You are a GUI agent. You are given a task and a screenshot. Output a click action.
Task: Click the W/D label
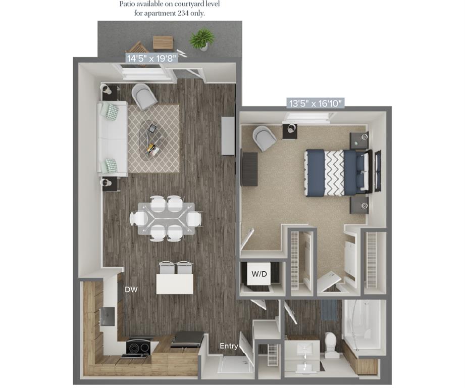tap(260, 274)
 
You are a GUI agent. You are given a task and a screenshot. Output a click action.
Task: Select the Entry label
tap(229, 346)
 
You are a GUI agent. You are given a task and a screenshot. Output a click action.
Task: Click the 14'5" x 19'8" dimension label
tap(151, 59)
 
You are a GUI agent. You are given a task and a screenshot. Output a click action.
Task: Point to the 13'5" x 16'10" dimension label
tap(316, 104)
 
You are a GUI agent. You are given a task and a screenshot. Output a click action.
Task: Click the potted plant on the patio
tap(202, 38)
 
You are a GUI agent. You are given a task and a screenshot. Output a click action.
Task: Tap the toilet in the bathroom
tap(332, 344)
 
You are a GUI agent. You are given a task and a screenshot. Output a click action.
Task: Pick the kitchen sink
tap(108, 316)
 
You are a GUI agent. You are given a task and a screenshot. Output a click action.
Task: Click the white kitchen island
tap(175, 283)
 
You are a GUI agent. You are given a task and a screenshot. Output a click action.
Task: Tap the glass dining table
tap(166, 218)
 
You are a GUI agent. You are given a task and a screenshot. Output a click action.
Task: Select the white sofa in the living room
tap(112, 138)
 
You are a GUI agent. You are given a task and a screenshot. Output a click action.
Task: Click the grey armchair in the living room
tap(144, 96)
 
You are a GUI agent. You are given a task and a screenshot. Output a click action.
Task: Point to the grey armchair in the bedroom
tap(264, 137)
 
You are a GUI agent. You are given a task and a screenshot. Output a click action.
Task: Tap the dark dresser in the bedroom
tap(249, 169)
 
